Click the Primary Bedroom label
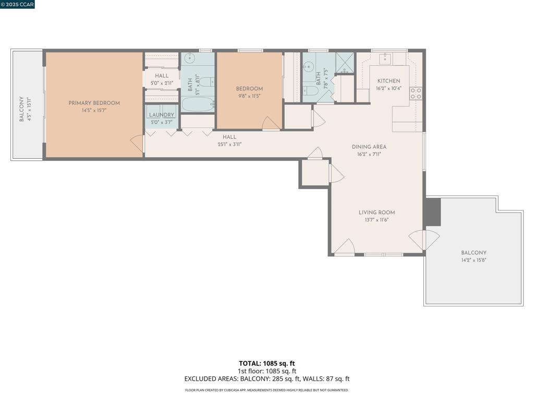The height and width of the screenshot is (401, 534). coord(94,103)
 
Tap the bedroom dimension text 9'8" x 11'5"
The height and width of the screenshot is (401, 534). coord(249,96)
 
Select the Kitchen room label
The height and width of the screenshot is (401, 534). coord(389,81)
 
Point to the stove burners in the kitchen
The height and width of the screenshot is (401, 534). coord(416,93)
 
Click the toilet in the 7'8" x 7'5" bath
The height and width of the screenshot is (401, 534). coord(311,91)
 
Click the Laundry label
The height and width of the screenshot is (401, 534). coord(161,115)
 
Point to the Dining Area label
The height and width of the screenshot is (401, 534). coord(369,147)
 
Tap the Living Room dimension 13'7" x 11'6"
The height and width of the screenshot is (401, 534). coord(377,220)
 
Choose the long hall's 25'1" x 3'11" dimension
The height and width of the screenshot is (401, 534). coord(229,144)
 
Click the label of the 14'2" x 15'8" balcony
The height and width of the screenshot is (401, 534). coord(474,253)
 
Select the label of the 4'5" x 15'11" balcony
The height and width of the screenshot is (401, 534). coord(21,109)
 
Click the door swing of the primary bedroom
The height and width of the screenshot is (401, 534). coord(137,143)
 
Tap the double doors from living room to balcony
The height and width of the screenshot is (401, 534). coord(424,240)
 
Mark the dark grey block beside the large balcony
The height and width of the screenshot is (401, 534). coord(432,211)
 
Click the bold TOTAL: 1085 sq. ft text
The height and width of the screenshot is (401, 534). coord(267,363)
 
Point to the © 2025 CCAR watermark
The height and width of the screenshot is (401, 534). coord(18,5)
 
